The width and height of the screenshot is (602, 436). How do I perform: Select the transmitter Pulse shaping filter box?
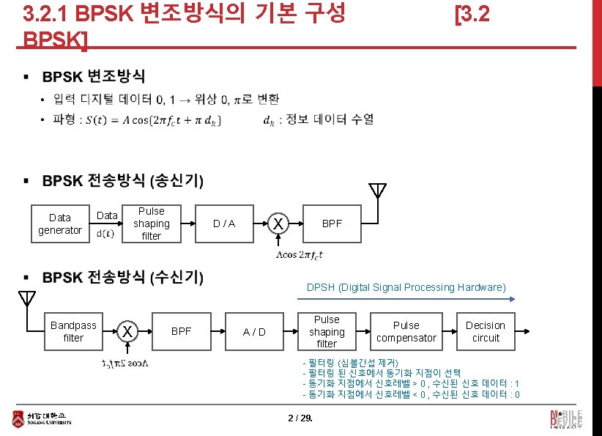[152, 223]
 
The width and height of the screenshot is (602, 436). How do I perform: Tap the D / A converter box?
[224, 223]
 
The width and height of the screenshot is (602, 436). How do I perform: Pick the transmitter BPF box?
[332, 223]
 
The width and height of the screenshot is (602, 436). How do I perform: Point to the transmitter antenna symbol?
[377, 192]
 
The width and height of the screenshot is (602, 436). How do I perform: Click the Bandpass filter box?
[73, 331]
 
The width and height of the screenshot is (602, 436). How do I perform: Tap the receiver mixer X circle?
[127, 331]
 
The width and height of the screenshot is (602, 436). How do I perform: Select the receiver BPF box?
[181, 331]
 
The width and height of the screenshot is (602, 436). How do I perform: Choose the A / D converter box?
[254, 331]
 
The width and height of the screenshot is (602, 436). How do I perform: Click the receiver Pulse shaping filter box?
[327, 331]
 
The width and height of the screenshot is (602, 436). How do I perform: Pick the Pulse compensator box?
[406, 331]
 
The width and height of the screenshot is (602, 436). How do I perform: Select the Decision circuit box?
[486, 331]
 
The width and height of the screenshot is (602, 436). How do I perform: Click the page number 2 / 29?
[300, 418]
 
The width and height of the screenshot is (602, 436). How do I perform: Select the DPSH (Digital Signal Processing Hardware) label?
[406, 287]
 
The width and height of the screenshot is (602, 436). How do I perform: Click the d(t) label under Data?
[105, 234]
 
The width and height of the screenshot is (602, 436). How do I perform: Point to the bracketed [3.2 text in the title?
[472, 14]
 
